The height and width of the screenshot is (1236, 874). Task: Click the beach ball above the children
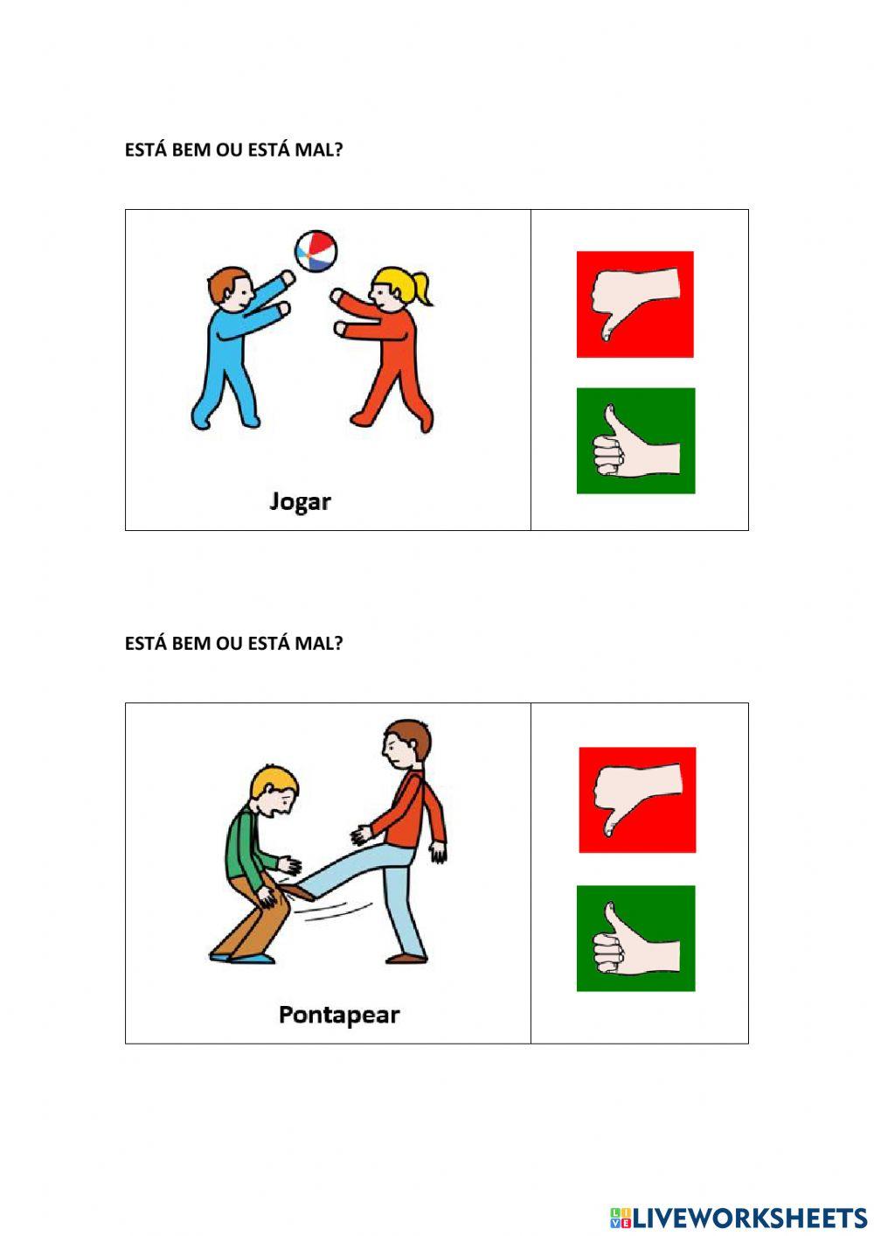[x=315, y=250]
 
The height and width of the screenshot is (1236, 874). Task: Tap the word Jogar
[x=300, y=502]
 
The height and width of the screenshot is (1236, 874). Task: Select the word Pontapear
[x=338, y=1015]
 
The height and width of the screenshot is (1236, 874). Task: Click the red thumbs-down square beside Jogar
[x=635, y=304]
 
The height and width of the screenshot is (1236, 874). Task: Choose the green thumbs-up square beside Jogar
[x=635, y=441]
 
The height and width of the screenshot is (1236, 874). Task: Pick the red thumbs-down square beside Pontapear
[x=637, y=800]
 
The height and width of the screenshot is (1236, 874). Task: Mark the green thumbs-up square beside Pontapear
[x=635, y=938]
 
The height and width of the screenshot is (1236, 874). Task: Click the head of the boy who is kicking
[x=407, y=744]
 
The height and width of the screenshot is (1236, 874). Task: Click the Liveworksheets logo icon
[x=620, y=1218]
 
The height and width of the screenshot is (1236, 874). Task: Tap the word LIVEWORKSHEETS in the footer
[x=749, y=1218]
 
